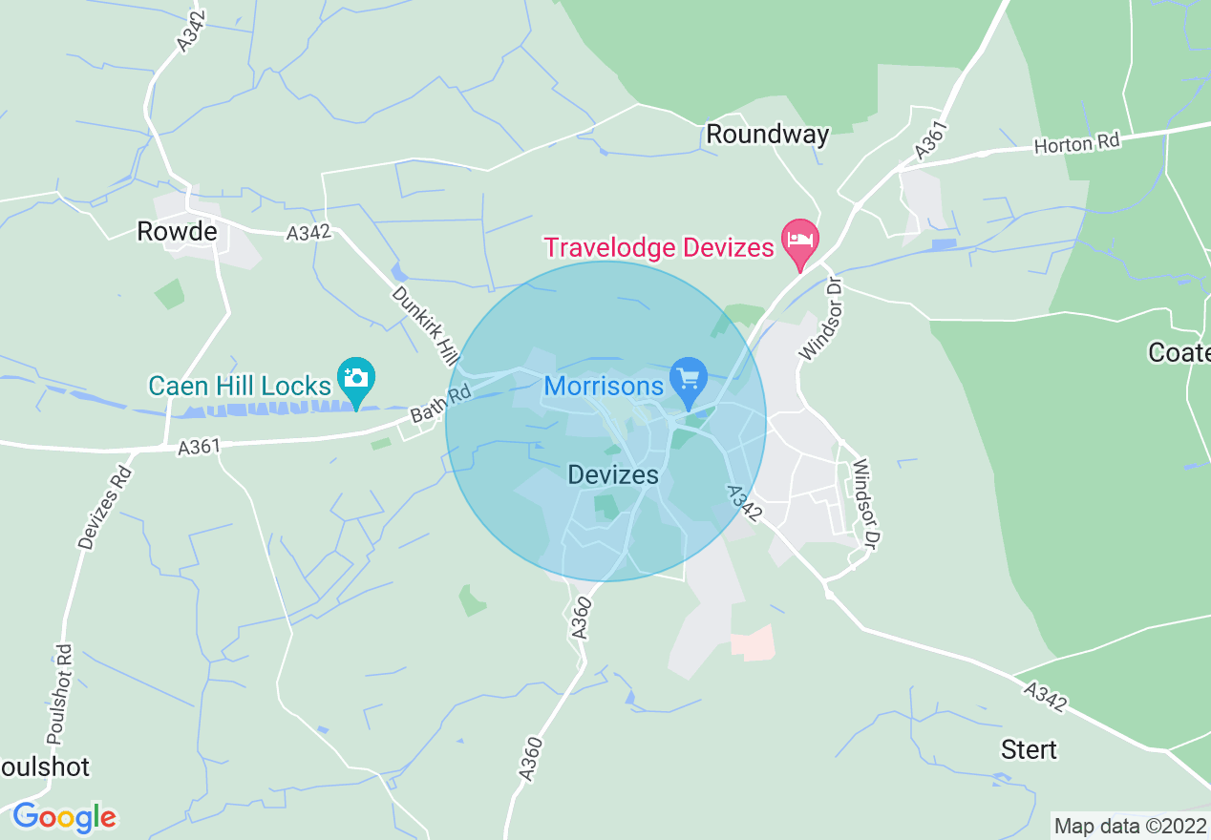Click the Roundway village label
[x=767, y=135]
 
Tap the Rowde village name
[x=177, y=231]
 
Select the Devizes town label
[x=613, y=474]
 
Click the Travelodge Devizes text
[x=658, y=248]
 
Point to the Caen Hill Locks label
[x=239, y=387]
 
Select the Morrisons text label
[x=604, y=387]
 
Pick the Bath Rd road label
[x=441, y=404]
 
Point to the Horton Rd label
[x=1076, y=144]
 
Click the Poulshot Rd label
[x=59, y=693]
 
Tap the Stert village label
[x=1029, y=749]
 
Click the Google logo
[x=64, y=817]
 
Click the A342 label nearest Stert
[x=1046, y=695]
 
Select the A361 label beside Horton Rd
[x=929, y=139]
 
